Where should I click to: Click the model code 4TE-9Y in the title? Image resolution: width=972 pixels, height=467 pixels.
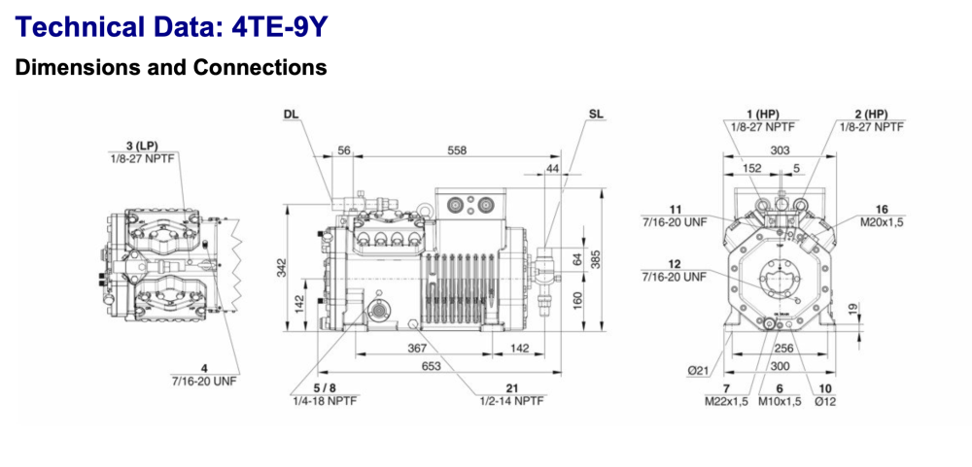coord(280,27)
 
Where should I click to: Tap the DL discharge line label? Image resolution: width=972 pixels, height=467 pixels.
coord(291,114)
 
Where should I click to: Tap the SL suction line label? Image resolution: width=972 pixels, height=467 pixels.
coord(596,114)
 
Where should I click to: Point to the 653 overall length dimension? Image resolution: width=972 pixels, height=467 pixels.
coord(432,366)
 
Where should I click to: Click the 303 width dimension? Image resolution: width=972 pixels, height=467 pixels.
coord(780,150)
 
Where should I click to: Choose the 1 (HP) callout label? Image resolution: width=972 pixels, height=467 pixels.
coord(762,114)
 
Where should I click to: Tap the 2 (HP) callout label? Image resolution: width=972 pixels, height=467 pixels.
coord(871,114)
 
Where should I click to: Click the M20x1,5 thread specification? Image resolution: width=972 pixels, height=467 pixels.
coord(882,221)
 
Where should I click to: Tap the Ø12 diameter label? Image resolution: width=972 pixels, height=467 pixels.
coord(821,401)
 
